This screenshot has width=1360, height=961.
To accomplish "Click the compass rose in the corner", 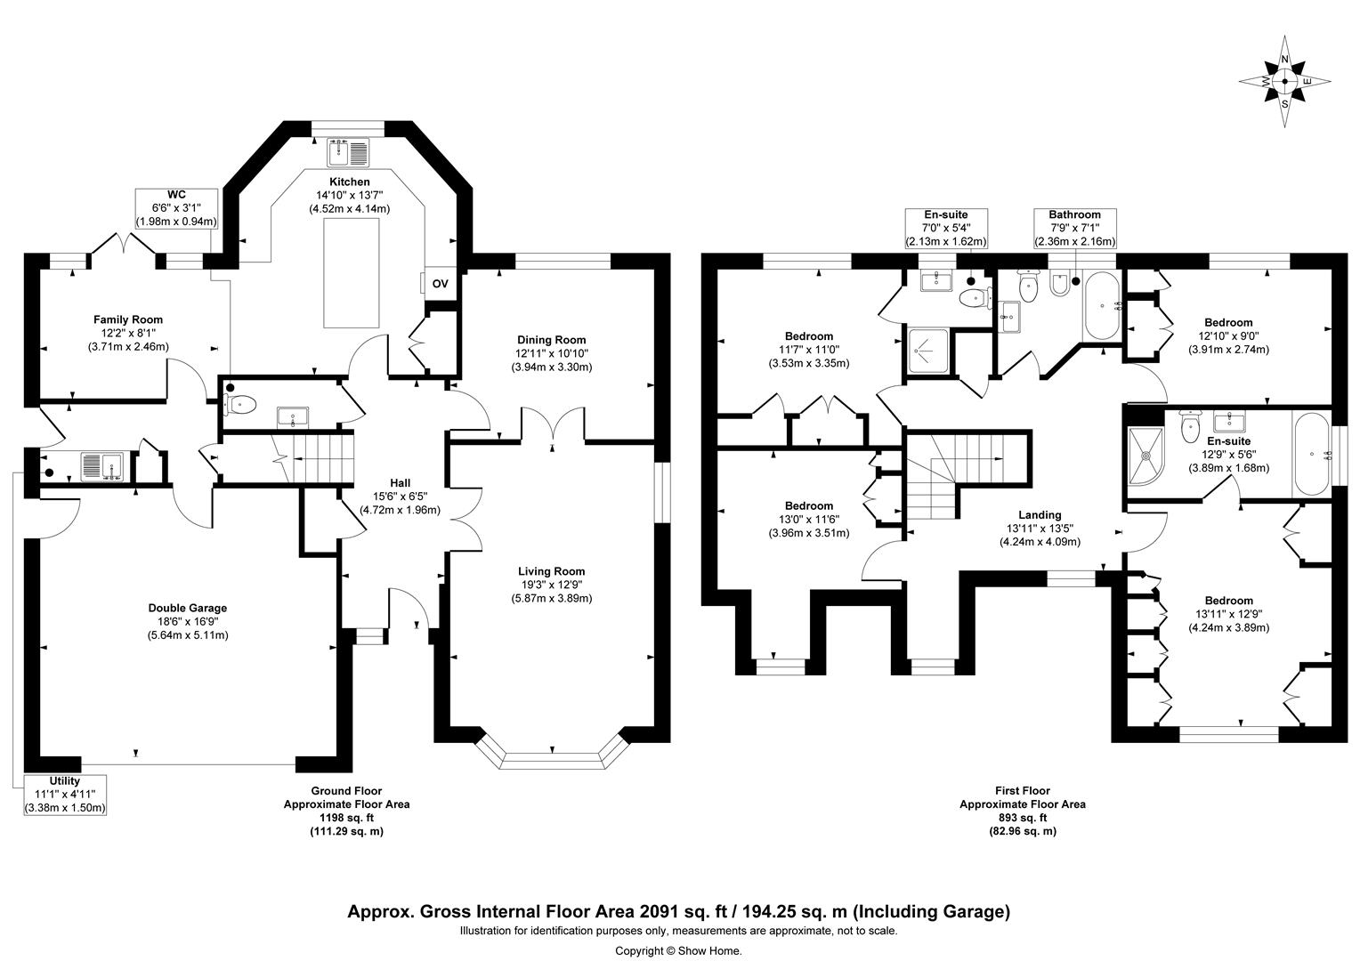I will [1284, 82].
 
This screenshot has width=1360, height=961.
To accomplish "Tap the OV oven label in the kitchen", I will [440, 284].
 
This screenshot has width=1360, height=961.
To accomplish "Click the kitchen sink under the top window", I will [349, 152].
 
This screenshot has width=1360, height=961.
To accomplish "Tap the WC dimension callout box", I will [176, 208].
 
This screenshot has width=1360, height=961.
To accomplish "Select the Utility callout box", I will [65, 795].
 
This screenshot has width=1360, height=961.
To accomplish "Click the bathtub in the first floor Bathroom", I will [1102, 305].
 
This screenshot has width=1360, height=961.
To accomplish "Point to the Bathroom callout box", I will [1074, 228].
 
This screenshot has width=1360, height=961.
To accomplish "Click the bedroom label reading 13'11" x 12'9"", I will [1228, 614].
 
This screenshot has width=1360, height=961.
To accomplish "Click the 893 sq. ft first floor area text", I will [1022, 818].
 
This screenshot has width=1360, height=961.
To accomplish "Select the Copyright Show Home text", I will [678, 950].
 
